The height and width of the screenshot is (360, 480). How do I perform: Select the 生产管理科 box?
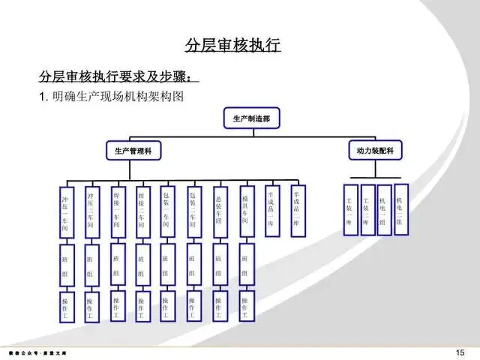click(133, 151)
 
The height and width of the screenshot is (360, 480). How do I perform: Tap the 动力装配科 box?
click(375, 150)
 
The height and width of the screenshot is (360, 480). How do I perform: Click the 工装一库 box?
click(349, 210)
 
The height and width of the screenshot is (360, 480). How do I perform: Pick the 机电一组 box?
click(383, 210)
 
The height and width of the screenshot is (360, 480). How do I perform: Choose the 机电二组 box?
click(400, 209)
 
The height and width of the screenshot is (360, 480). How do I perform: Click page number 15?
click(460, 352)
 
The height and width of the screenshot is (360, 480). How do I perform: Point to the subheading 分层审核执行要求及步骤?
click(118, 76)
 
